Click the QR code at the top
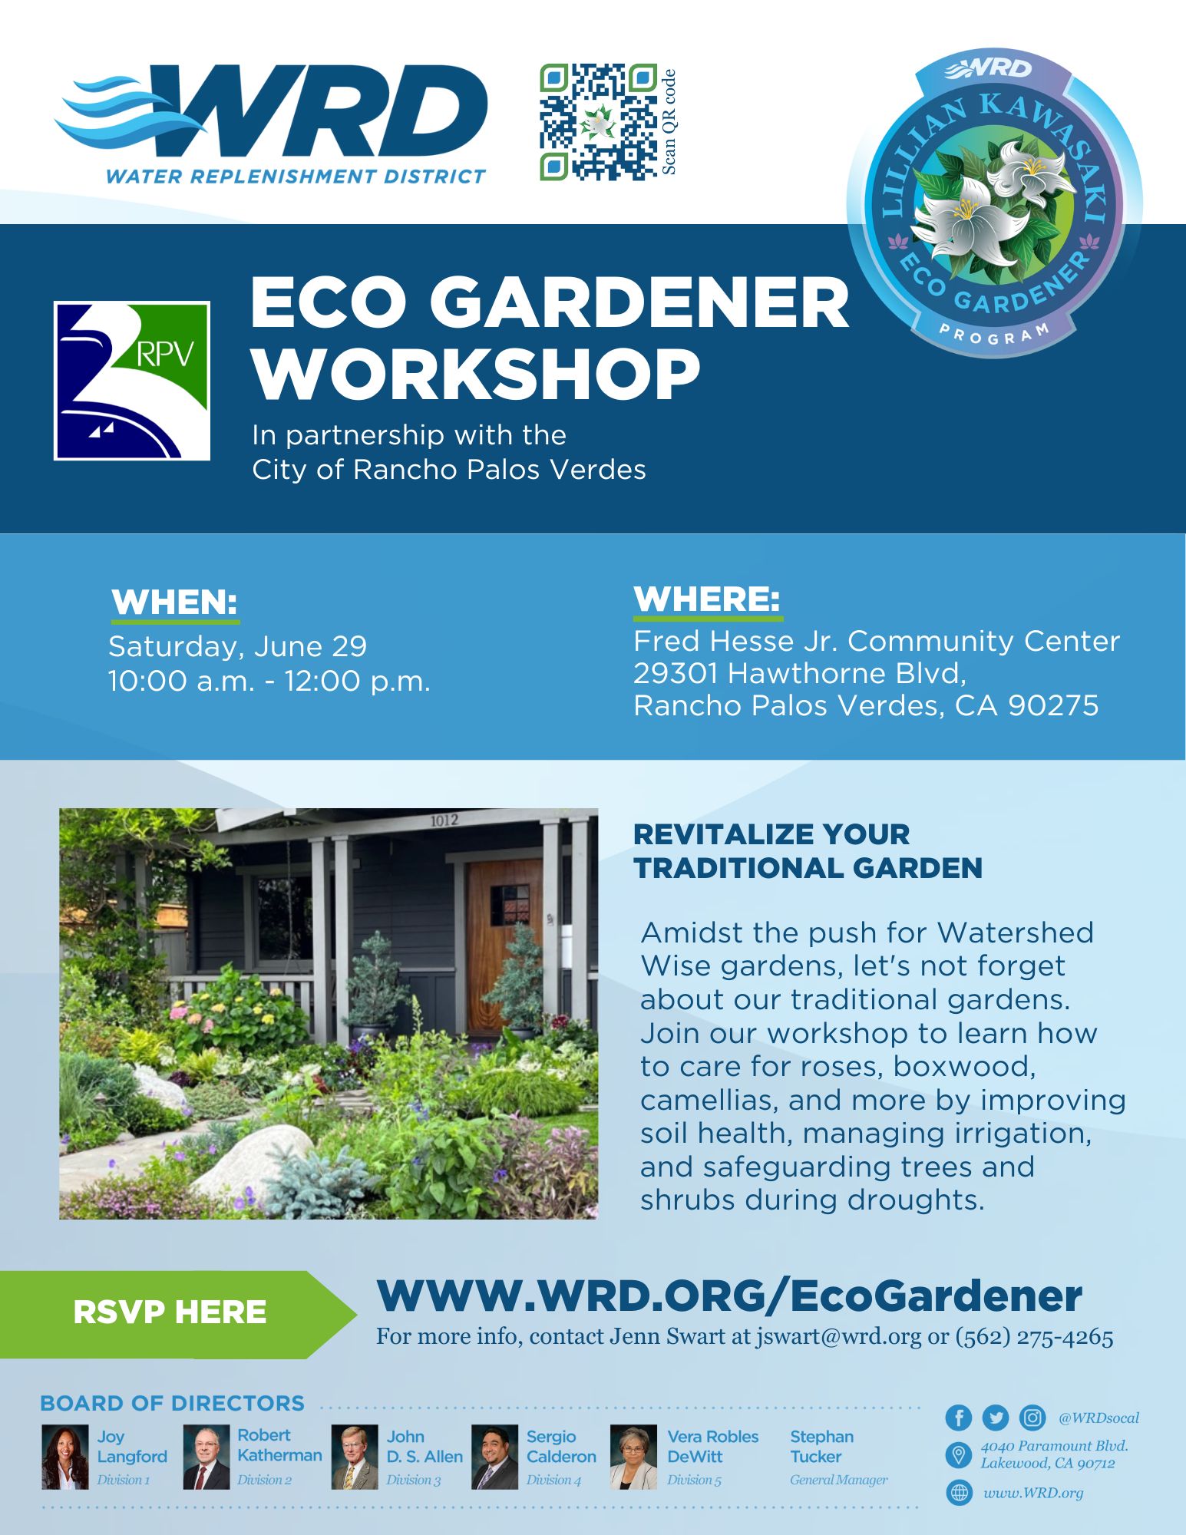point(598,122)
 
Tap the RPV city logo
point(132,381)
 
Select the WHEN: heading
point(174,602)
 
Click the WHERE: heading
point(706,599)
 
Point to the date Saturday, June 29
point(237,646)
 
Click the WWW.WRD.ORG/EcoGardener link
point(728,1296)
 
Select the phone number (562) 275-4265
point(1034,1337)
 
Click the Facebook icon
point(959,1418)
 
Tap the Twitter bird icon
point(995,1418)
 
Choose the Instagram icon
point(1032,1418)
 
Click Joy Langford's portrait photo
point(65,1457)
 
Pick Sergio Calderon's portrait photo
point(494,1457)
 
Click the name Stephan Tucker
point(821,1447)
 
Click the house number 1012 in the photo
point(444,820)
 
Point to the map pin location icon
point(958,1454)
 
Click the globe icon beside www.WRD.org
point(959,1493)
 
